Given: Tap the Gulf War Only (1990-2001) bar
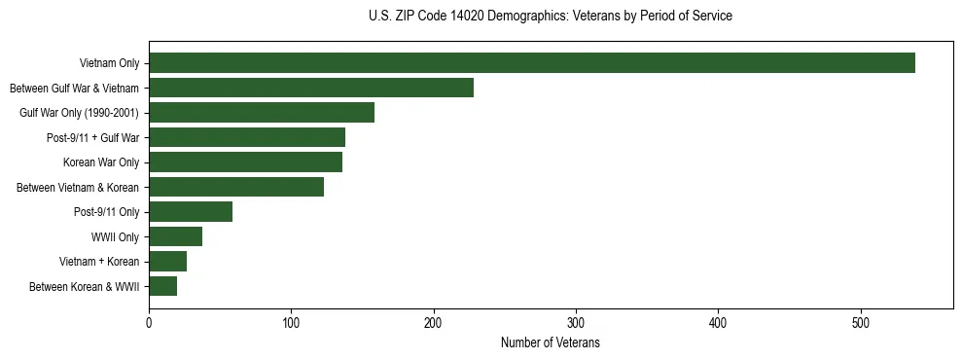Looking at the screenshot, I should [x=262, y=113].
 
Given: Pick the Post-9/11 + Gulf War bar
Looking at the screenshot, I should [x=247, y=137].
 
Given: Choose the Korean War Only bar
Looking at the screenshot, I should [x=245, y=162].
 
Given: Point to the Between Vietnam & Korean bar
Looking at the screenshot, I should [x=236, y=187].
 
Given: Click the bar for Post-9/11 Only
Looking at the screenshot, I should [x=191, y=212].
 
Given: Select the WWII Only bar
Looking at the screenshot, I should [x=175, y=236].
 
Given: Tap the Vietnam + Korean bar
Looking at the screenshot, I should [x=167, y=262].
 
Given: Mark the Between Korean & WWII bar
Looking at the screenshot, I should [x=162, y=286].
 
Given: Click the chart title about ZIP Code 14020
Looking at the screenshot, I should [x=551, y=17].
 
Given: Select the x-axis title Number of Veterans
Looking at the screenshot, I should [x=551, y=343].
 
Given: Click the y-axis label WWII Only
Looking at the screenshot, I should [x=115, y=237].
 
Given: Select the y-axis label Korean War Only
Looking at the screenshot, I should [x=101, y=162].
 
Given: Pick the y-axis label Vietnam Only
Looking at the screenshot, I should [x=109, y=64].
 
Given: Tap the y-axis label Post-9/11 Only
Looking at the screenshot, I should [x=106, y=212].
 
